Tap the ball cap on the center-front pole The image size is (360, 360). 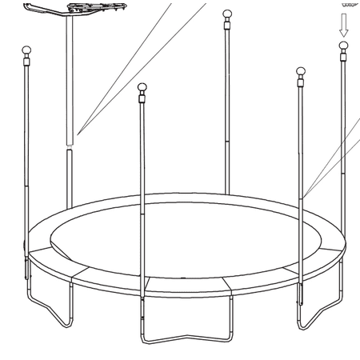coord(142,87)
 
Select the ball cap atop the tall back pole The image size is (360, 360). coord(226,14)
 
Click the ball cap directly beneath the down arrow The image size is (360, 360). coord(344,46)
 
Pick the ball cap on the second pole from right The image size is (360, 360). coord(302,74)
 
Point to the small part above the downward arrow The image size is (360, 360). coord(345,3)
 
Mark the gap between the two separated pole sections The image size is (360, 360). coord(70,145)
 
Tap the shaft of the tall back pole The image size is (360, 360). coord(226,104)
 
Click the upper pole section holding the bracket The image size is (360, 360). coord(70,80)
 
